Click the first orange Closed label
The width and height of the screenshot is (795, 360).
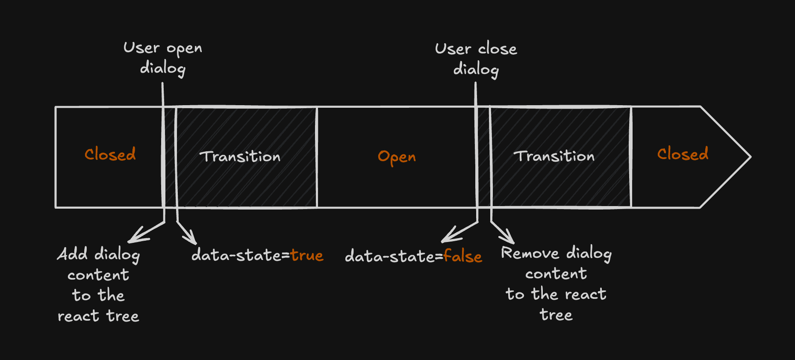[x=110, y=154]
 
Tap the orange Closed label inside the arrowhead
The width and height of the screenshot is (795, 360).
[x=683, y=154]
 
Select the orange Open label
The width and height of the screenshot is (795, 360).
[x=397, y=157]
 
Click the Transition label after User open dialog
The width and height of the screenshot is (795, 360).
[x=240, y=156]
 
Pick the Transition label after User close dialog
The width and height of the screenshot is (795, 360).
[x=554, y=156]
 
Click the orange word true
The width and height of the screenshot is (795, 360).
[x=307, y=255]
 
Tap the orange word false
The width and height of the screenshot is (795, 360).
[x=463, y=256]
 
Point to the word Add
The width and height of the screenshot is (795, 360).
[x=73, y=254]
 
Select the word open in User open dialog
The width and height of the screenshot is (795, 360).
[x=184, y=49]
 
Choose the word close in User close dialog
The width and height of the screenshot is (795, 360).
[x=498, y=49]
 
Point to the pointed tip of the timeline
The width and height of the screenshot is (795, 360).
[x=751, y=157]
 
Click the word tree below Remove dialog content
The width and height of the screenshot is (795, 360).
[x=556, y=315]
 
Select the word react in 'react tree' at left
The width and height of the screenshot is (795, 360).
[x=78, y=316]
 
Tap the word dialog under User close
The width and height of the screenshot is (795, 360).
[x=476, y=69]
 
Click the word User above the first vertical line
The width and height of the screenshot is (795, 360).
[x=141, y=47]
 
